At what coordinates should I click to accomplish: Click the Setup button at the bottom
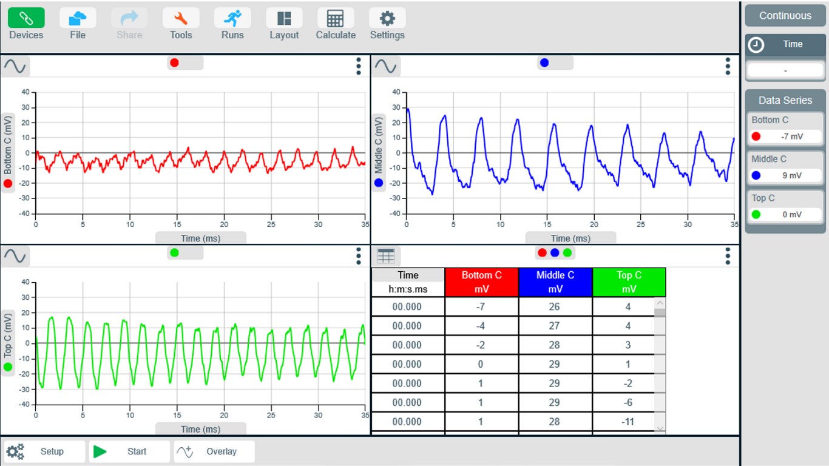[x=45, y=451]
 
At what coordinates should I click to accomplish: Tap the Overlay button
[x=214, y=451]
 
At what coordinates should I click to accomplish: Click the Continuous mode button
[x=785, y=16]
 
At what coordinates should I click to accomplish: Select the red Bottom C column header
[x=481, y=282]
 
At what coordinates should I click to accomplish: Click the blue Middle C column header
[x=555, y=282]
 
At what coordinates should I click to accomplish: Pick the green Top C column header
[x=629, y=282]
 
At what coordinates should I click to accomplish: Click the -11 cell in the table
[x=628, y=422]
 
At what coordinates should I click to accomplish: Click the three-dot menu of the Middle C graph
[x=728, y=66]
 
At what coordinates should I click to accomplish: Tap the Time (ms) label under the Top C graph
[x=201, y=429]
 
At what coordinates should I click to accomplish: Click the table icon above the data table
[x=386, y=256]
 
